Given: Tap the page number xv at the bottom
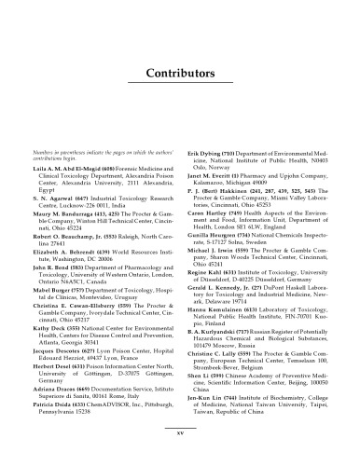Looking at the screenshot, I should point(180,433).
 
